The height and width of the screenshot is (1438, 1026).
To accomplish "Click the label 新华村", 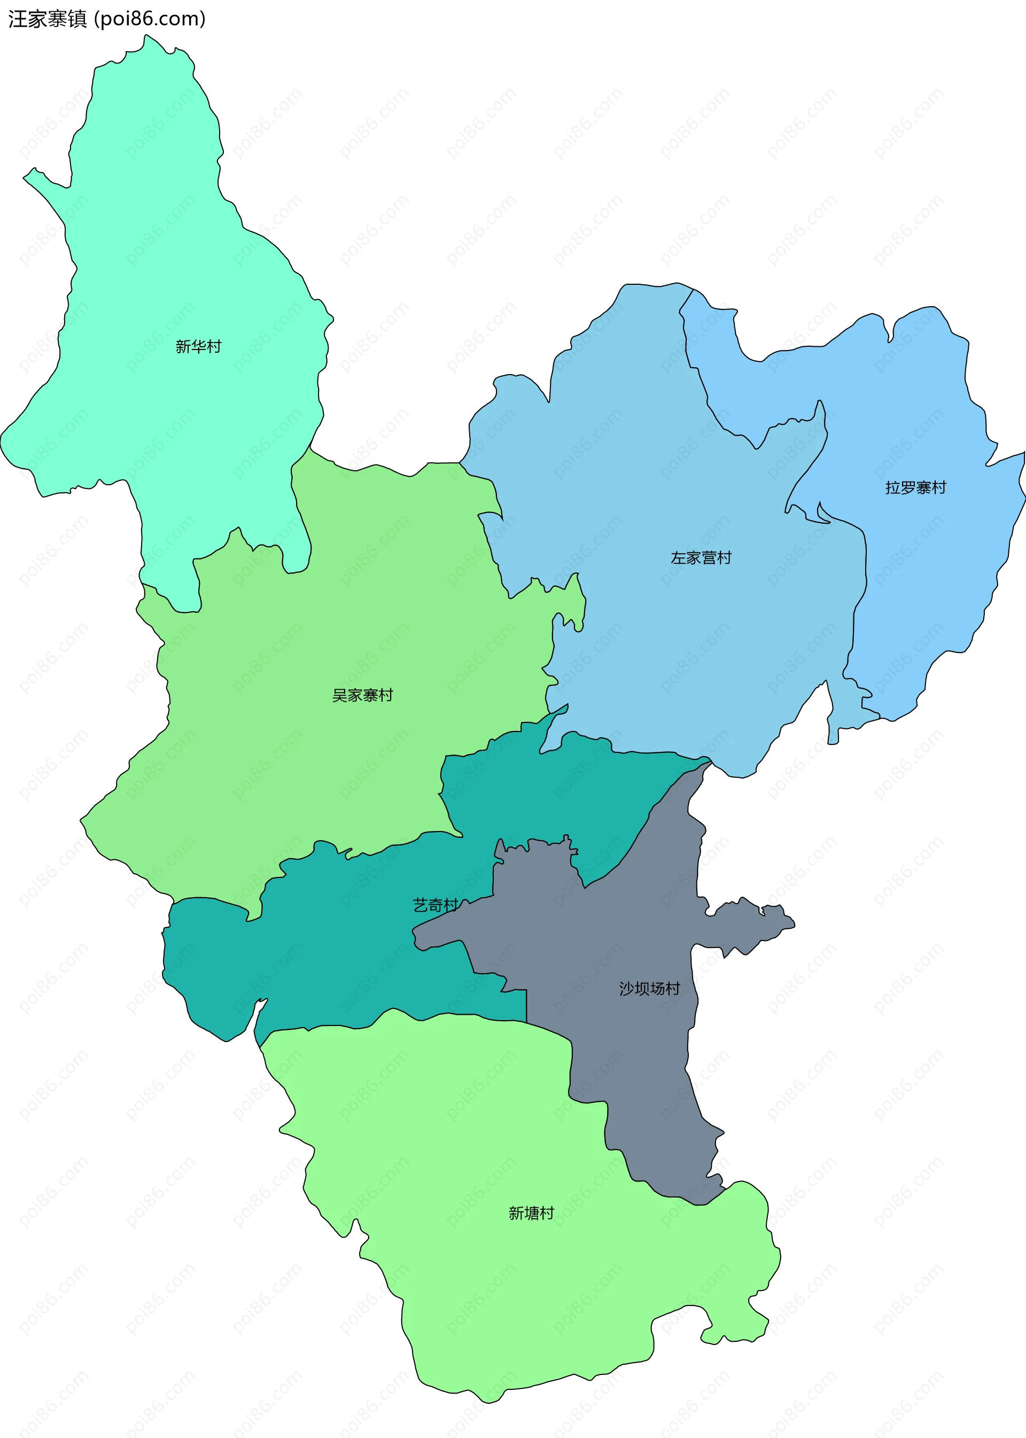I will pyautogui.click(x=198, y=346).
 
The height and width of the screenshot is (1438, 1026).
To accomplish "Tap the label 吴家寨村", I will pyautogui.click(x=363, y=695).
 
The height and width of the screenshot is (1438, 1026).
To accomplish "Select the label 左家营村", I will pyautogui.click(x=701, y=558).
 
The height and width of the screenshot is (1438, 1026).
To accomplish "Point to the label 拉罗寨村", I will pyautogui.click(x=915, y=488).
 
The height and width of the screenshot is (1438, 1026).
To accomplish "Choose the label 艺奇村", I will pyautogui.click(x=436, y=905).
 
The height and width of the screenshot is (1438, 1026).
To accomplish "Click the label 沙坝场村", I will pyautogui.click(x=649, y=988).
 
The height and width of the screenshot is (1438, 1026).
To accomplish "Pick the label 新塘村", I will pyautogui.click(x=531, y=1213).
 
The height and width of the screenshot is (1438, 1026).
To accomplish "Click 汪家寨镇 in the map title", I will pyautogui.click(x=48, y=19).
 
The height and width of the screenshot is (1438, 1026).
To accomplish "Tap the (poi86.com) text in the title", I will pyautogui.click(x=150, y=19).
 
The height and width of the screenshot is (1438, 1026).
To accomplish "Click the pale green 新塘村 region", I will pyautogui.click(x=506, y=1295).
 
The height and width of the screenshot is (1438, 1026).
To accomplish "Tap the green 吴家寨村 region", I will pyautogui.click(x=316, y=758).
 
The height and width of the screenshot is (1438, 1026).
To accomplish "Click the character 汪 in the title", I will pyautogui.click(x=17, y=19).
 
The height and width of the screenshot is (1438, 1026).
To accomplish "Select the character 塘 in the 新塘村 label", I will pyautogui.click(x=531, y=1213).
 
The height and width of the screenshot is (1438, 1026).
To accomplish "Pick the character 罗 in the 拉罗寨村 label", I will pyautogui.click(x=908, y=488).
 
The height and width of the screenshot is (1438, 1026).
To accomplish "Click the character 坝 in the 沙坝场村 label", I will pyautogui.click(x=641, y=988).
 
